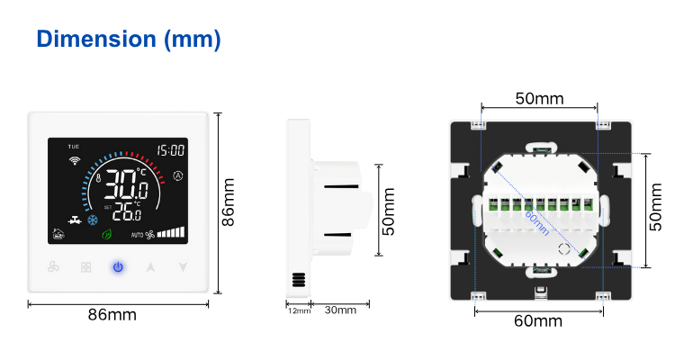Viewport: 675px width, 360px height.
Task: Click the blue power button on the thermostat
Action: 118,267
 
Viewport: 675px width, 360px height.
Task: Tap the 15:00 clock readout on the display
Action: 170,150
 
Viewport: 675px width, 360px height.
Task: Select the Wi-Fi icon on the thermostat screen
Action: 75,160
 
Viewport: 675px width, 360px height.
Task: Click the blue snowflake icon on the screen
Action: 93,220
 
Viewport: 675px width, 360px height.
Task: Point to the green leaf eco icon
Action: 107,234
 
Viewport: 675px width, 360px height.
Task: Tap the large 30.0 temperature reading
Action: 127,184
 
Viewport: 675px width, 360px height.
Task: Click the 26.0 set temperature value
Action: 127,211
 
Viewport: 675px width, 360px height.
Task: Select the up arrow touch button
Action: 150,267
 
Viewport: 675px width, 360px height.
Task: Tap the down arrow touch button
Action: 183,267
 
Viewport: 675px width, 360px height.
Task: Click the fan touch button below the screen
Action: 53,267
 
